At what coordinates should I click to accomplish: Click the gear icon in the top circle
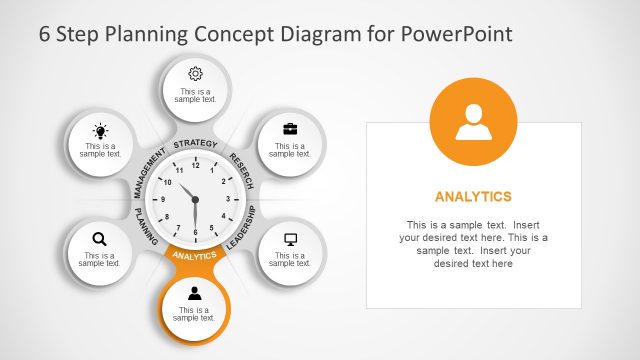pyautogui.click(x=195, y=73)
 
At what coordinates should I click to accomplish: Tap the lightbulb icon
pyautogui.click(x=100, y=131)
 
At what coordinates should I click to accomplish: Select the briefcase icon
pyautogui.click(x=290, y=129)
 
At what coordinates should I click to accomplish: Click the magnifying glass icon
pyautogui.click(x=99, y=239)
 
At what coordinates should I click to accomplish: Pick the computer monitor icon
pyautogui.click(x=291, y=239)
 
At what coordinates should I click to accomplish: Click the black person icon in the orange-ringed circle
pyautogui.click(x=195, y=293)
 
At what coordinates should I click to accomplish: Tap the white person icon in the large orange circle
pyautogui.click(x=474, y=122)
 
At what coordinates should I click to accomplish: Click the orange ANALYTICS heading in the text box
pyautogui.click(x=474, y=196)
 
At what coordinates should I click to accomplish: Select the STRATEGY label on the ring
pyautogui.click(x=195, y=145)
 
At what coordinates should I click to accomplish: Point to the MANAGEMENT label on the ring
pyautogui.click(x=149, y=171)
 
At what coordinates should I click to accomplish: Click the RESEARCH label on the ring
pyautogui.click(x=242, y=170)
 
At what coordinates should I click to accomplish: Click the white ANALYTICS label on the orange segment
pyautogui.click(x=195, y=256)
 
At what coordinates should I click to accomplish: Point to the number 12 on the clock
pyautogui.click(x=195, y=165)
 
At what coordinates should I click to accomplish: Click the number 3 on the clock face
pyautogui.click(x=229, y=200)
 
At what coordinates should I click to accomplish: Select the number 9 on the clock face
pyautogui.click(x=162, y=200)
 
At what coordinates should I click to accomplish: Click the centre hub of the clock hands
pyautogui.click(x=195, y=200)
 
